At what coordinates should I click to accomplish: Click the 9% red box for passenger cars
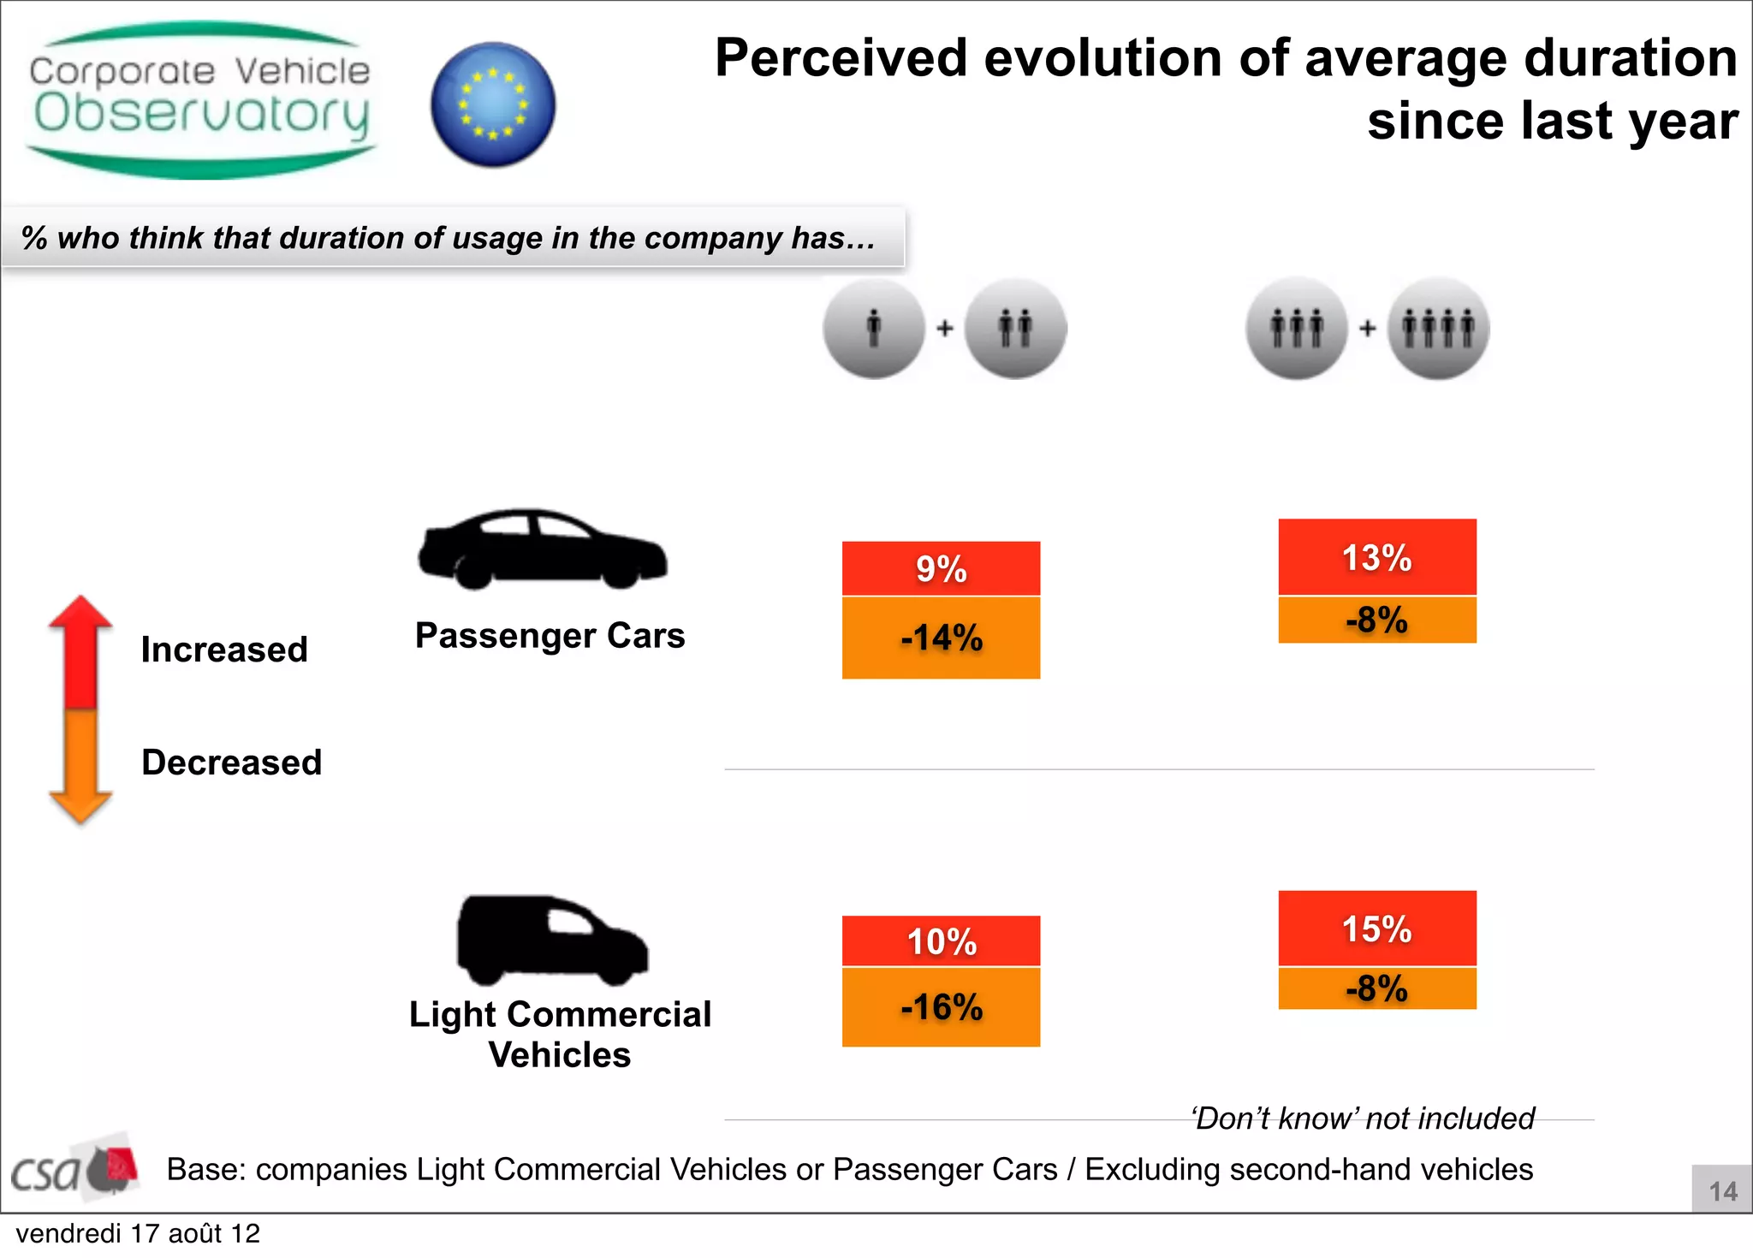941,568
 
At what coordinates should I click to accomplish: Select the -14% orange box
941,638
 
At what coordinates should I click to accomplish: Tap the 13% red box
1376,557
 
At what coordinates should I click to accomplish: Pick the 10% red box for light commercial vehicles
941,941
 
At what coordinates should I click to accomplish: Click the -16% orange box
941,1006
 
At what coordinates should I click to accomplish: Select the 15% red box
1376,929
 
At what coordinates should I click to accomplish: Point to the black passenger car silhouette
542,550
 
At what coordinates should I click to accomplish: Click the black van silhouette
551,941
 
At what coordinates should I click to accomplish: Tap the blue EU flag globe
493,104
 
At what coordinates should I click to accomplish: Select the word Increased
224,650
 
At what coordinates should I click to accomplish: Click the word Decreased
231,763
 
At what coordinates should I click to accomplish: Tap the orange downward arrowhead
80,806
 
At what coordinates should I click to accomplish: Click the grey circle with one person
874,329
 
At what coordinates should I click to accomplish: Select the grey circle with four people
1438,329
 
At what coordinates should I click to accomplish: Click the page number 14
1722,1191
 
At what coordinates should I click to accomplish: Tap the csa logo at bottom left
73,1167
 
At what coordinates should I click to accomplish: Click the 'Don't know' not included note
1364,1119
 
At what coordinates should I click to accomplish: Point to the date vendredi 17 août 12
138,1234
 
